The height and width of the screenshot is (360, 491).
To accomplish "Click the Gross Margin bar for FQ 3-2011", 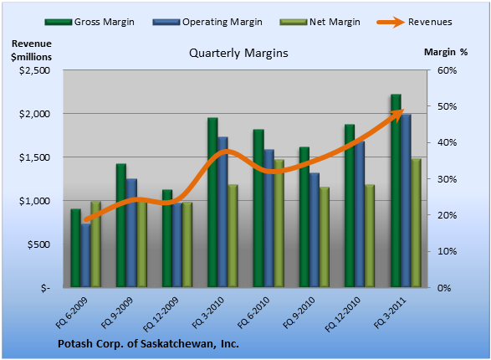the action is [x=396, y=191].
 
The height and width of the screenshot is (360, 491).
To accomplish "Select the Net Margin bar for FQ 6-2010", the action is [x=279, y=223].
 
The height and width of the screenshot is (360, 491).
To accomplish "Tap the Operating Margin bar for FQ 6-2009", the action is [x=86, y=255].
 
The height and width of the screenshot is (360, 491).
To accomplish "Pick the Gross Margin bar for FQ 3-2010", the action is [x=212, y=203].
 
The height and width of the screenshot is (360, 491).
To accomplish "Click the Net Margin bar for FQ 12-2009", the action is [x=187, y=244].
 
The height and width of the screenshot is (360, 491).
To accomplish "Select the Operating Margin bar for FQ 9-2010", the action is [x=315, y=230].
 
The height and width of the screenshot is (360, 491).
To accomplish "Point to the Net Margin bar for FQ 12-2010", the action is [x=370, y=236].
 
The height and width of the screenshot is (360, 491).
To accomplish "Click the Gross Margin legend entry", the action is [x=90, y=22].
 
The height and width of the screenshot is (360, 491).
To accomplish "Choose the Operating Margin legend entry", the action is [x=207, y=22].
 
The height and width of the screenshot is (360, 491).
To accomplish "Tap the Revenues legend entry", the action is [x=414, y=22].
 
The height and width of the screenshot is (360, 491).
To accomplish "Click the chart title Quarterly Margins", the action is [x=238, y=53].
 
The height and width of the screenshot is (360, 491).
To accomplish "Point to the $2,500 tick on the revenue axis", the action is [x=34, y=70].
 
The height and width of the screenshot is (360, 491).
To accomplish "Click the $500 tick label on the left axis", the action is [x=38, y=244].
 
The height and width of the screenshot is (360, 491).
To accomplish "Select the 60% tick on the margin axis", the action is [x=448, y=70].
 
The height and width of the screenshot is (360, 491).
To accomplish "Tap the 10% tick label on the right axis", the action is [x=448, y=251].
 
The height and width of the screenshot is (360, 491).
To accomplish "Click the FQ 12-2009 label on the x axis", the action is [x=161, y=314].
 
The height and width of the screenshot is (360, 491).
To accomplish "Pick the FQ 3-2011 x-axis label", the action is [x=390, y=313].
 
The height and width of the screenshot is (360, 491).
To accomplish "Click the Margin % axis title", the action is [x=446, y=52].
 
